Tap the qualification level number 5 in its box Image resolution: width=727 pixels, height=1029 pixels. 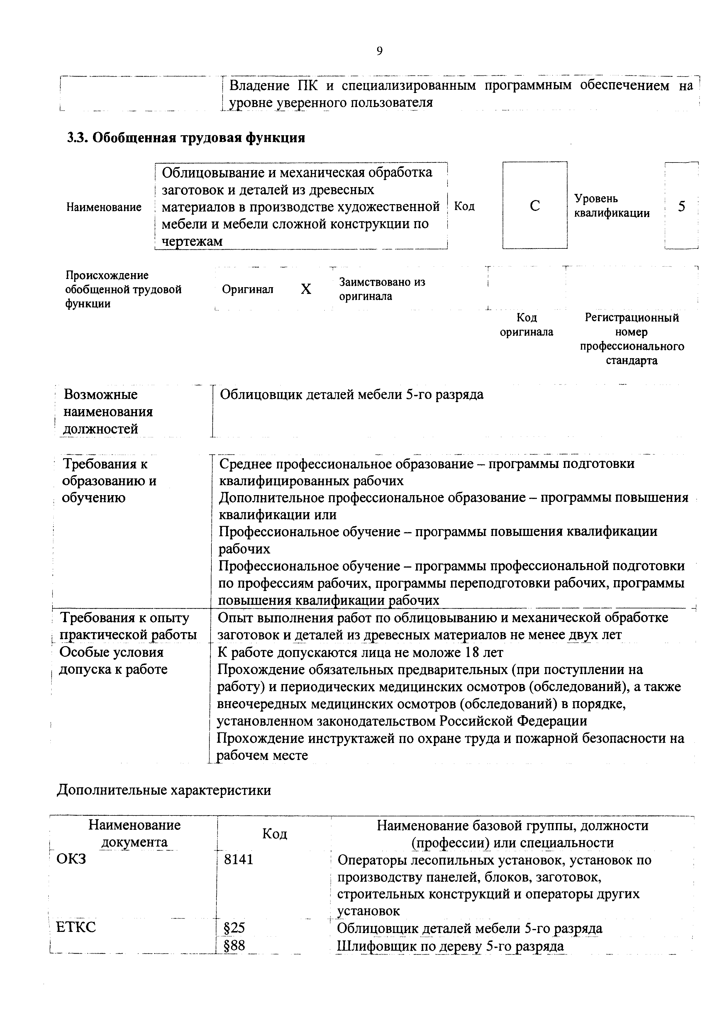click(x=681, y=206)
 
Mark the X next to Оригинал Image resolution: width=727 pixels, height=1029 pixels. click(x=306, y=289)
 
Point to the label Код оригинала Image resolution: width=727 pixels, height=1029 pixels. click(x=526, y=324)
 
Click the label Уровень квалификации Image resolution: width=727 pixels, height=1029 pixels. click(x=611, y=206)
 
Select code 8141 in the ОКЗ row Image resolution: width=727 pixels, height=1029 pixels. click(x=239, y=859)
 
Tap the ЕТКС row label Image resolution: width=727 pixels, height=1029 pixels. click(x=76, y=927)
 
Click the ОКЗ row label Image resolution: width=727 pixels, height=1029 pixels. click(x=71, y=859)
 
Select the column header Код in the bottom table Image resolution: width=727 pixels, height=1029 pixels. click(x=274, y=834)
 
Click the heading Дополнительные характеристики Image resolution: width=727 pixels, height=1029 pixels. click(x=164, y=790)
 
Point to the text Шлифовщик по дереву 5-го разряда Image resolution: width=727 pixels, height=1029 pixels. click(x=450, y=946)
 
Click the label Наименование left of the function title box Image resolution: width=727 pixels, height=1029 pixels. click(x=104, y=207)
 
